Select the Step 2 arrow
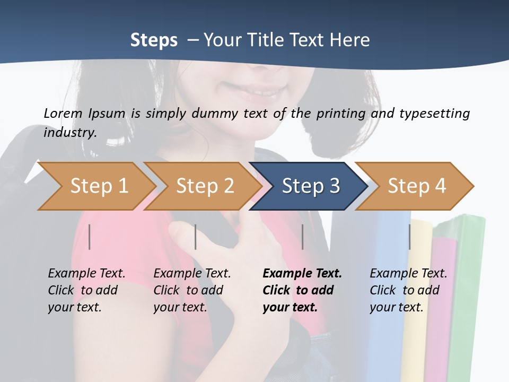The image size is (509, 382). click(204, 186)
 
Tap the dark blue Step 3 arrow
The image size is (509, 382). click(310, 186)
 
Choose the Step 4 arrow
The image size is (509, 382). click(416, 186)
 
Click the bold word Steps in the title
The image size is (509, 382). click(154, 40)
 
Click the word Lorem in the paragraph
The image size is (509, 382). click(63, 113)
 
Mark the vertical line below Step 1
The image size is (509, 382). click(90, 237)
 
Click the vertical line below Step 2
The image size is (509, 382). click(196, 237)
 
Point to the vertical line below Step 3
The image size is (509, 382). click(302, 237)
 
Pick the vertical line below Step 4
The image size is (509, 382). click(409, 237)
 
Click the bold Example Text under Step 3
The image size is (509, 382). click(302, 273)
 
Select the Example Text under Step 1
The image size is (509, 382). click(86, 273)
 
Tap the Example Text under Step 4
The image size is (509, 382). click(408, 273)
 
